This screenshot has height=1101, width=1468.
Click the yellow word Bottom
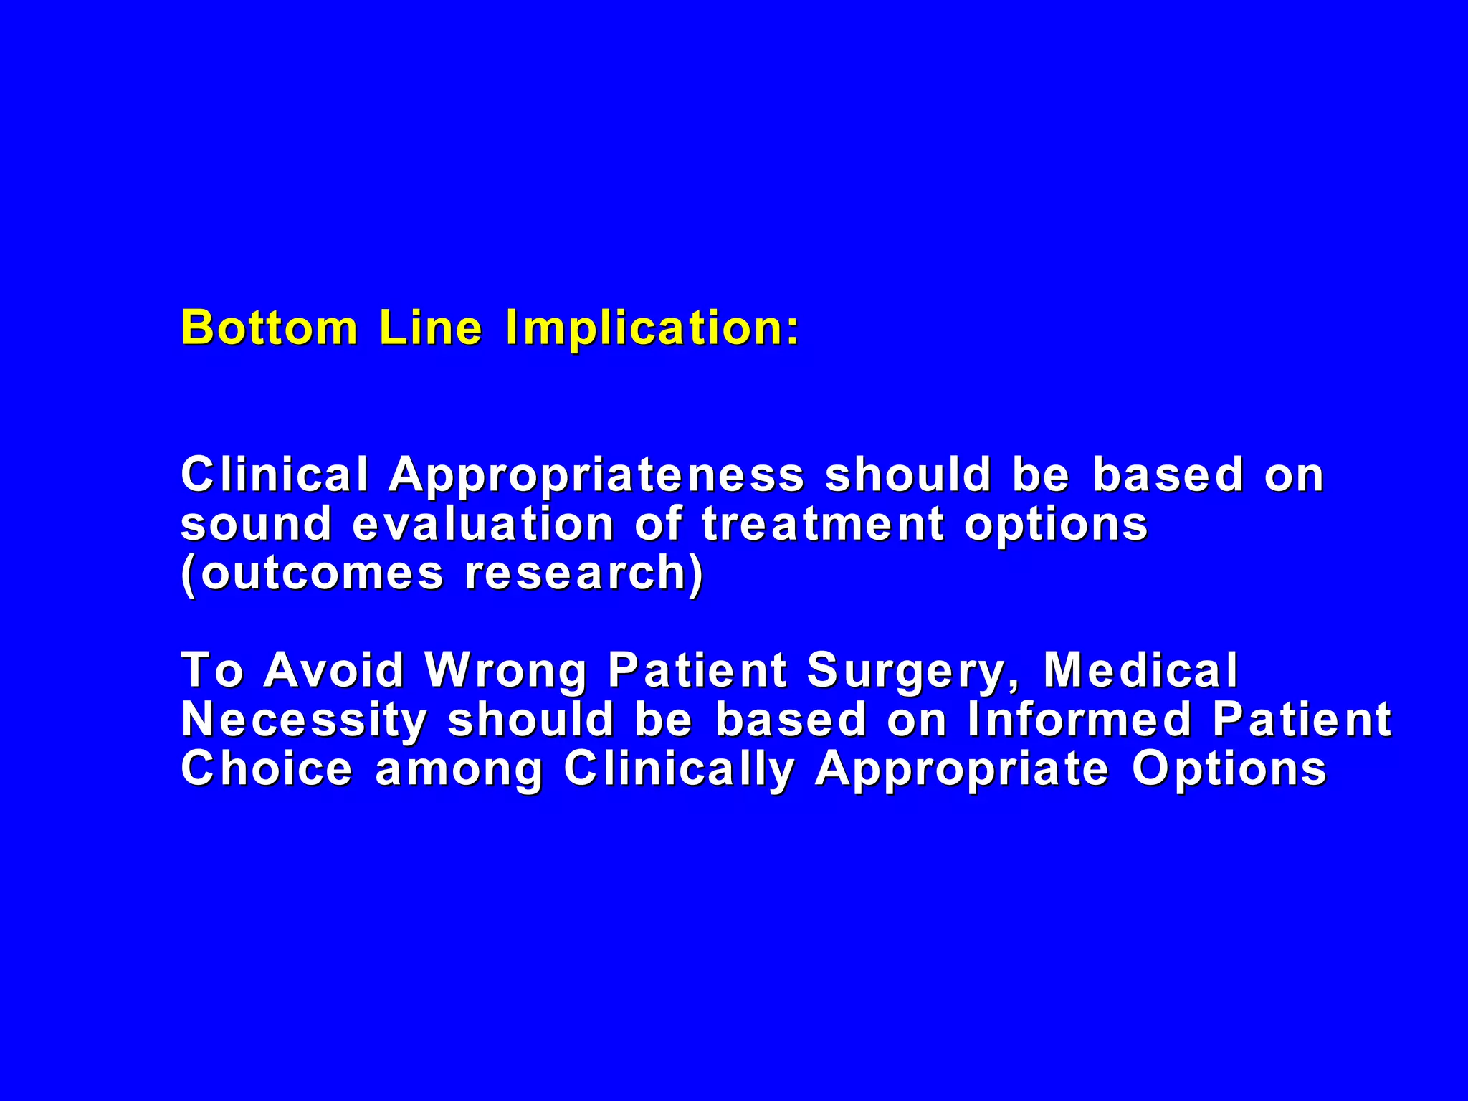point(270,328)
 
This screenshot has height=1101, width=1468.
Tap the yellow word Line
point(431,328)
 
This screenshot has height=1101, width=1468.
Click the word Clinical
point(275,475)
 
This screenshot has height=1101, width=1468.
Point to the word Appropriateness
point(596,477)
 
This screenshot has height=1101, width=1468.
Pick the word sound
point(256,523)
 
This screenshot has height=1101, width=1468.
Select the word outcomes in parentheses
point(322,573)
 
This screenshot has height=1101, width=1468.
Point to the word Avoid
point(335,670)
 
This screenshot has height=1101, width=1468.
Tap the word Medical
point(1140,670)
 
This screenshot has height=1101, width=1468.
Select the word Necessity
point(304,720)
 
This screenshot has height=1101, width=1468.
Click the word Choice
point(267,768)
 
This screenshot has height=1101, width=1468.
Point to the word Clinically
point(680,770)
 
